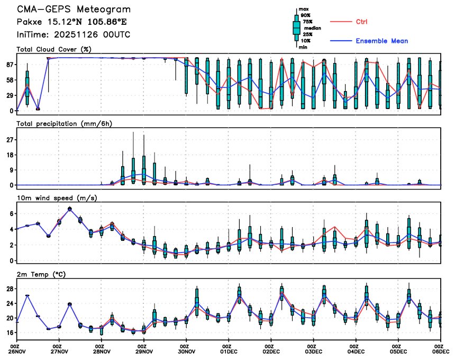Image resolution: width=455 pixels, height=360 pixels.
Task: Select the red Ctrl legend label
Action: tap(362, 22)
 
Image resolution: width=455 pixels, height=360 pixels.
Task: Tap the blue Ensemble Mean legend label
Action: tap(381, 41)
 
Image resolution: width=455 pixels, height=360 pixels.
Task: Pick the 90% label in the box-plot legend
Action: tap(305, 15)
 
